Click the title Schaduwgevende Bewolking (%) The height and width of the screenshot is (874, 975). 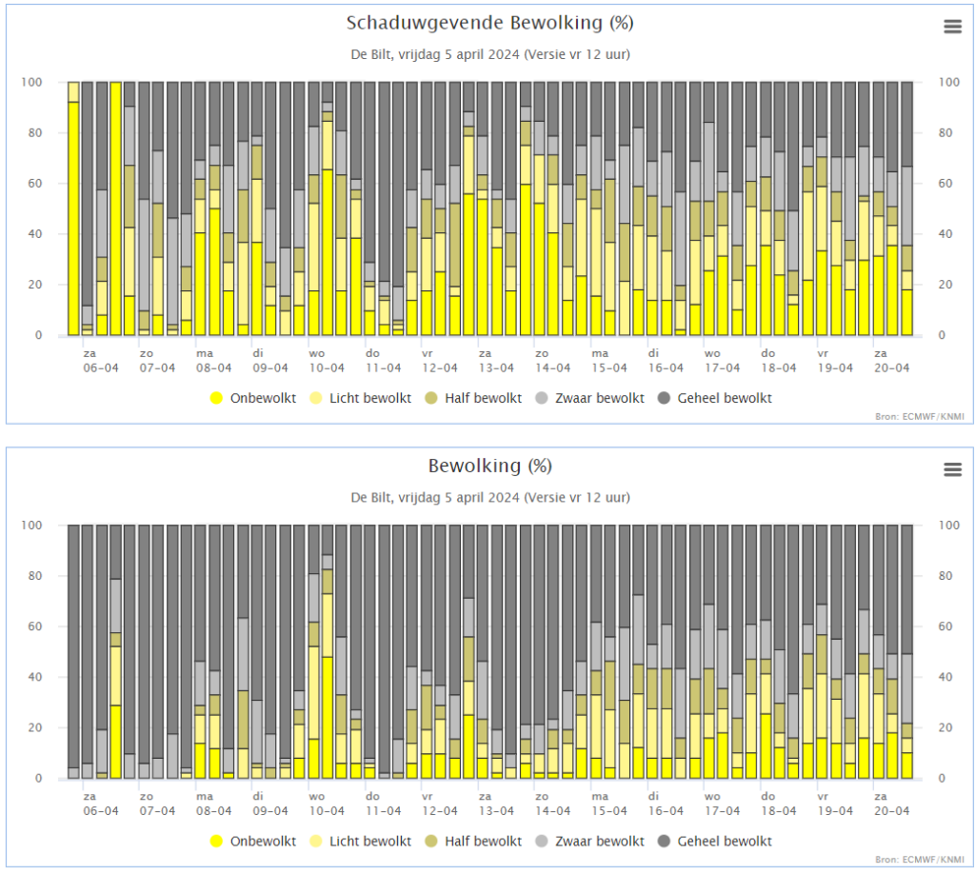click(490, 23)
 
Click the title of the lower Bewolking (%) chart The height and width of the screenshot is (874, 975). click(490, 466)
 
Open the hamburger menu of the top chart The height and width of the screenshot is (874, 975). click(952, 26)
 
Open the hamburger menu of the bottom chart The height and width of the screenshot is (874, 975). click(952, 469)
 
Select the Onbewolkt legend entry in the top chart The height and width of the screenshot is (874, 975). click(253, 398)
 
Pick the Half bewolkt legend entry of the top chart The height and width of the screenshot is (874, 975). click(474, 398)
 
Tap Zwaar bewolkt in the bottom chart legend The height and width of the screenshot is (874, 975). click(590, 841)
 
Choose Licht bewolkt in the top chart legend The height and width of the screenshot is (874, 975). click(361, 398)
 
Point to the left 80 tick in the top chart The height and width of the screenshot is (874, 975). click(35, 133)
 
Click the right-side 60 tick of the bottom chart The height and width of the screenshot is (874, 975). click(945, 626)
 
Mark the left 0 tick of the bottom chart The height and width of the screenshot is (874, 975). click(38, 778)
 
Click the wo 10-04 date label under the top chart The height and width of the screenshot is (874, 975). click(327, 361)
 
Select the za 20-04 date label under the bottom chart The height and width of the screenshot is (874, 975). click(891, 804)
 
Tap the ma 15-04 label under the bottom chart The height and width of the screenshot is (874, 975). click(609, 804)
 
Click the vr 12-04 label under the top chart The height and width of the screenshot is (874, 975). click(440, 361)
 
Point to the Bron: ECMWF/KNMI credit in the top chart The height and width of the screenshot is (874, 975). click(920, 416)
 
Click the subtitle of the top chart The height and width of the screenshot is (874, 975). click(490, 54)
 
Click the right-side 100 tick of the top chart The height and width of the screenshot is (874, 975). click(949, 82)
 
